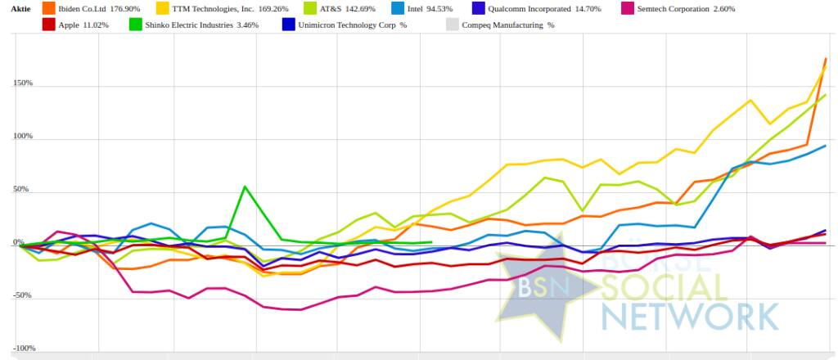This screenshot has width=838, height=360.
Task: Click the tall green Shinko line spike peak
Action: click(246, 187)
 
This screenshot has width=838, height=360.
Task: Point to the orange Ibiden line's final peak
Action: click(826, 58)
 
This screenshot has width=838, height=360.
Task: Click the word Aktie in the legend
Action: click(21, 9)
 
